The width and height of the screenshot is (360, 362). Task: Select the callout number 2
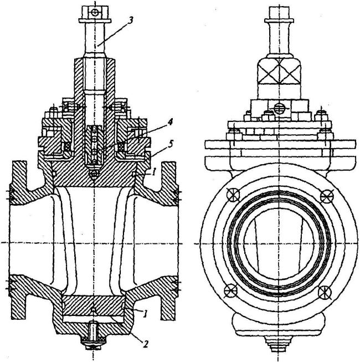click(x=145, y=344)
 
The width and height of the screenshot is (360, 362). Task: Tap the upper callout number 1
click(x=154, y=172)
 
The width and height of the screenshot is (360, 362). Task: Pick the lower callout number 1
click(x=145, y=314)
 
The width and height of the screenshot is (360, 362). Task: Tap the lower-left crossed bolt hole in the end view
click(x=230, y=289)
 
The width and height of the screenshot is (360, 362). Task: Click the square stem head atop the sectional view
click(x=95, y=13)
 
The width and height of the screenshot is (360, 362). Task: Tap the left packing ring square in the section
click(x=68, y=147)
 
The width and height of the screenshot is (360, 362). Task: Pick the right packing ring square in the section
click(x=121, y=147)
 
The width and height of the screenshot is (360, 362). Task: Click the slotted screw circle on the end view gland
click(x=279, y=108)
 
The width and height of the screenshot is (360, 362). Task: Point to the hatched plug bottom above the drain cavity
click(x=93, y=305)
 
